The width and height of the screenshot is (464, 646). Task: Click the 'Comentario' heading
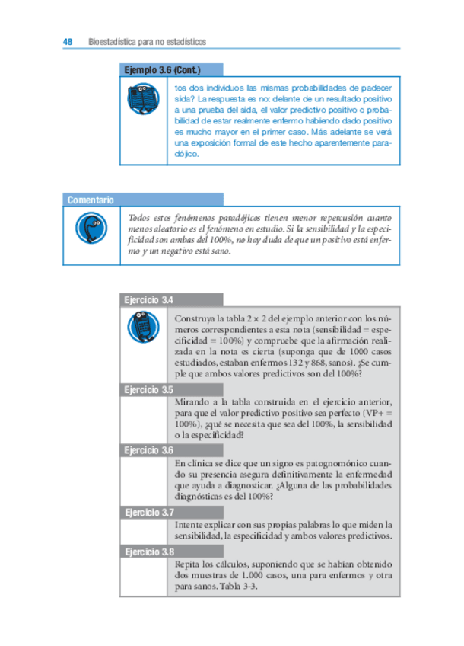coord(91,200)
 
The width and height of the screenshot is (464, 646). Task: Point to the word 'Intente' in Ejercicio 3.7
coord(189,525)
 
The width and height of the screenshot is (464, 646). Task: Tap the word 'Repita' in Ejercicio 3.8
coord(188,564)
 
